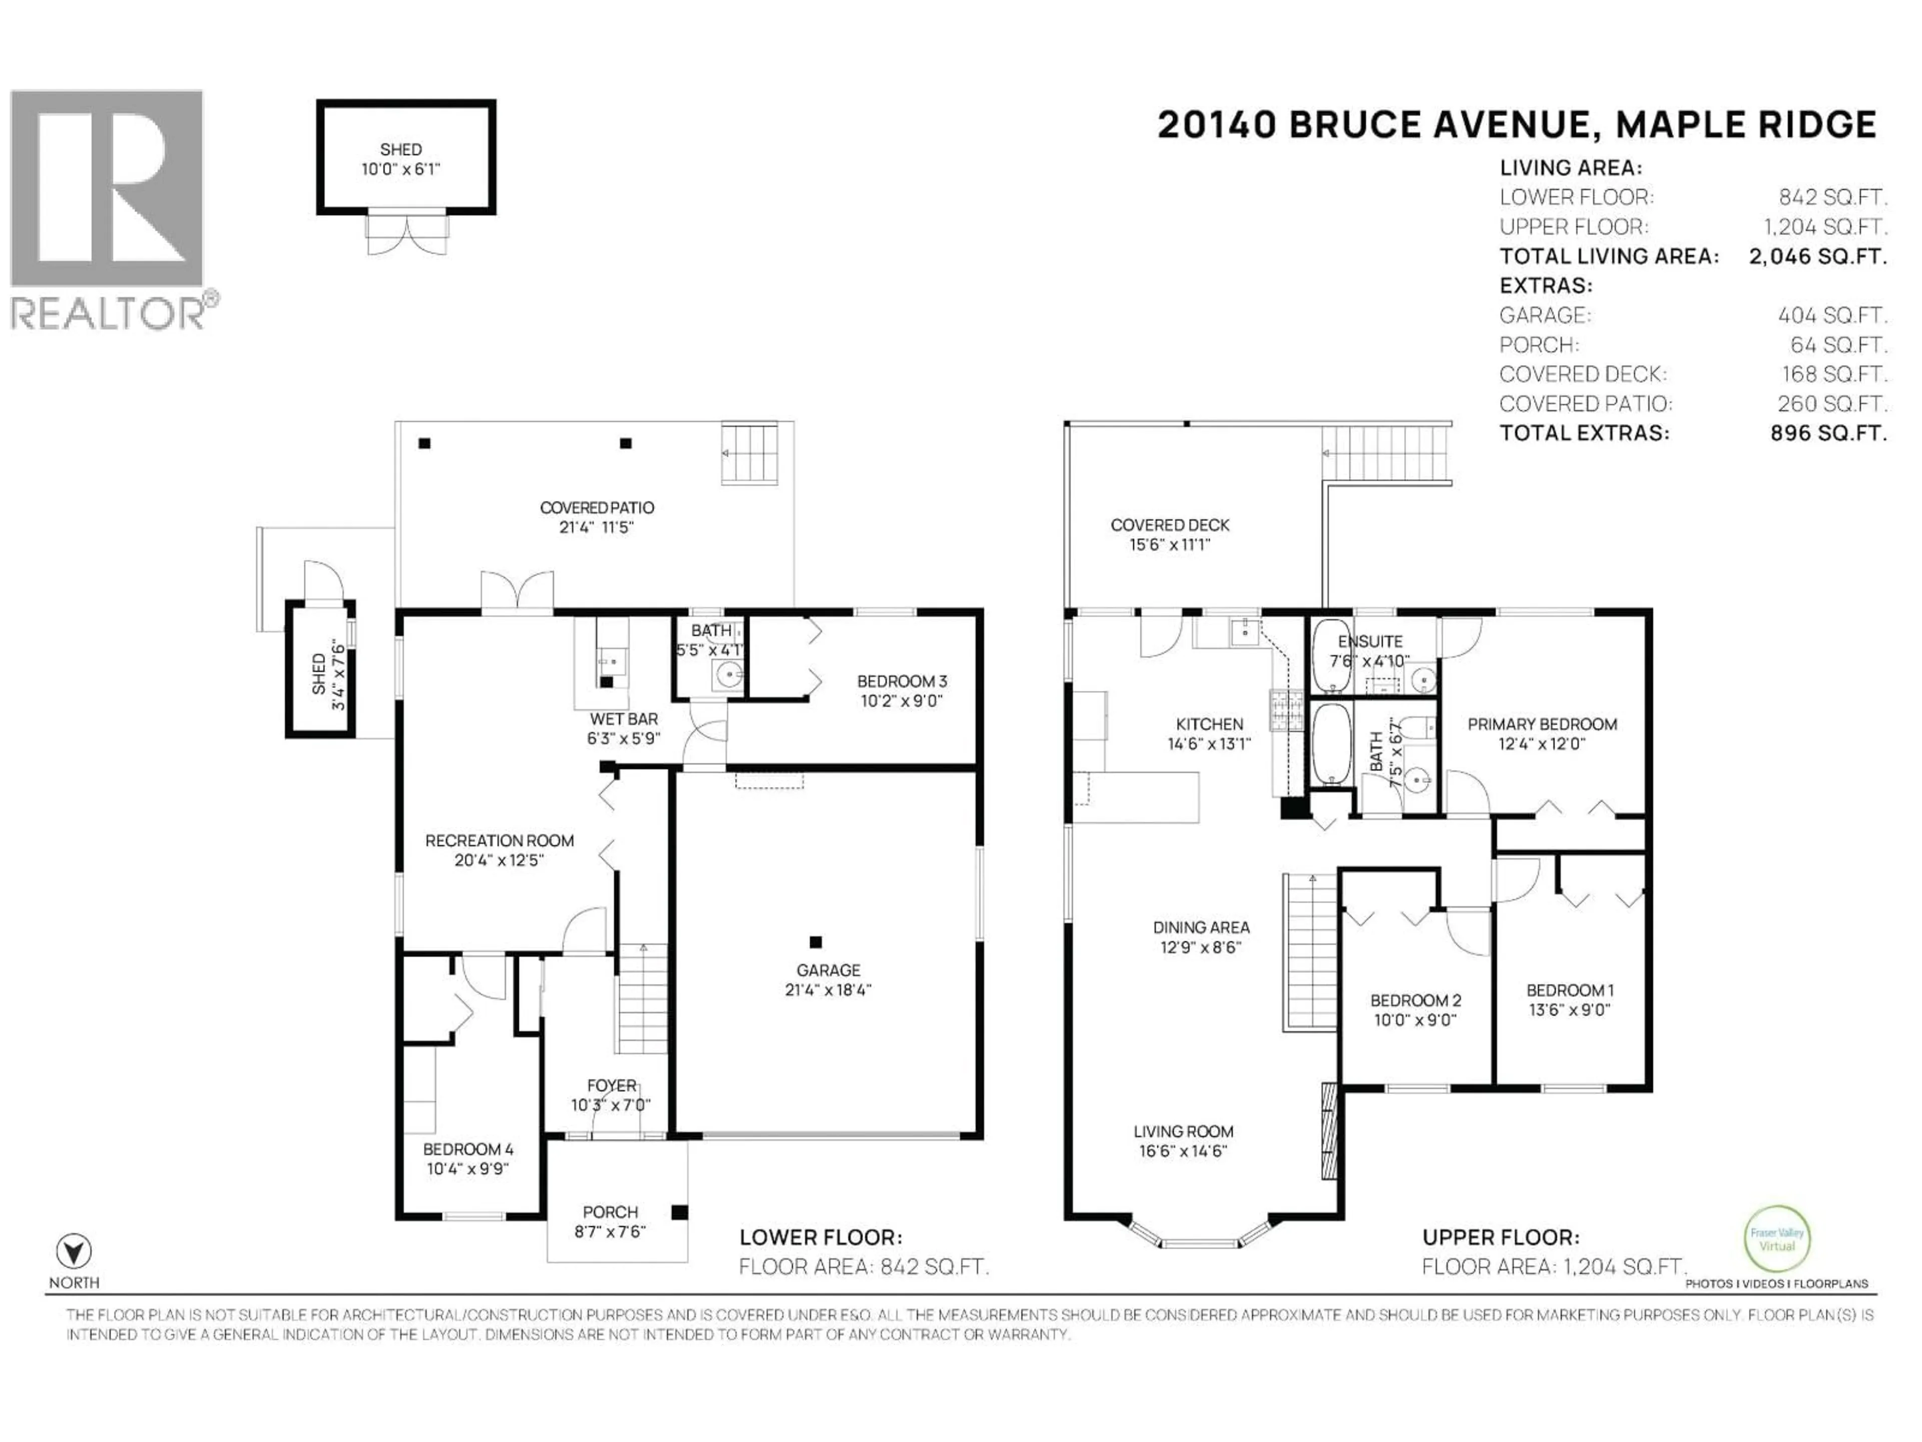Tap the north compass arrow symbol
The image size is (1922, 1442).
tap(74, 1252)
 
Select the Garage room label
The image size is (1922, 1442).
tap(827, 970)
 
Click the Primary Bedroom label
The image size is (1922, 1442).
tap(1542, 724)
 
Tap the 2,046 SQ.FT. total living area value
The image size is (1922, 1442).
tap(1818, 256)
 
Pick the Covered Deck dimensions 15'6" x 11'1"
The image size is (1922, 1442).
tap(1170, 545)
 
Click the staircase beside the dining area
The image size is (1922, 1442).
tap(1310, 952)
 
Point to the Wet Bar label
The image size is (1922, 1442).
tap(623, 719)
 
